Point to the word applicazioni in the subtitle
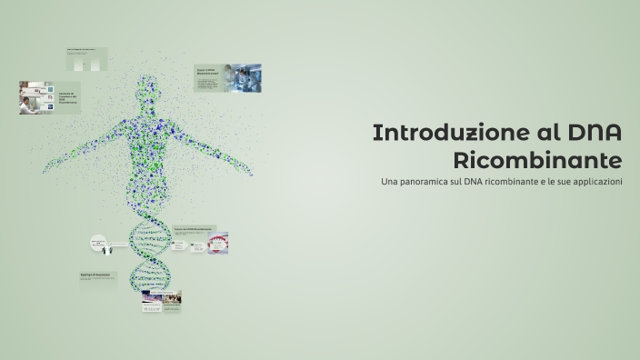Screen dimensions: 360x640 591,183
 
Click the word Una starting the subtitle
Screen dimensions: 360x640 390,183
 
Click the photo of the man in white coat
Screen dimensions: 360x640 36,97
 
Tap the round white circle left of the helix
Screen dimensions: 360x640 98,243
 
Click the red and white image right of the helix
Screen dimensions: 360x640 217,242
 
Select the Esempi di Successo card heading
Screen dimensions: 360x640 95,275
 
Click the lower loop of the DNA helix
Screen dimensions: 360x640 150,273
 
